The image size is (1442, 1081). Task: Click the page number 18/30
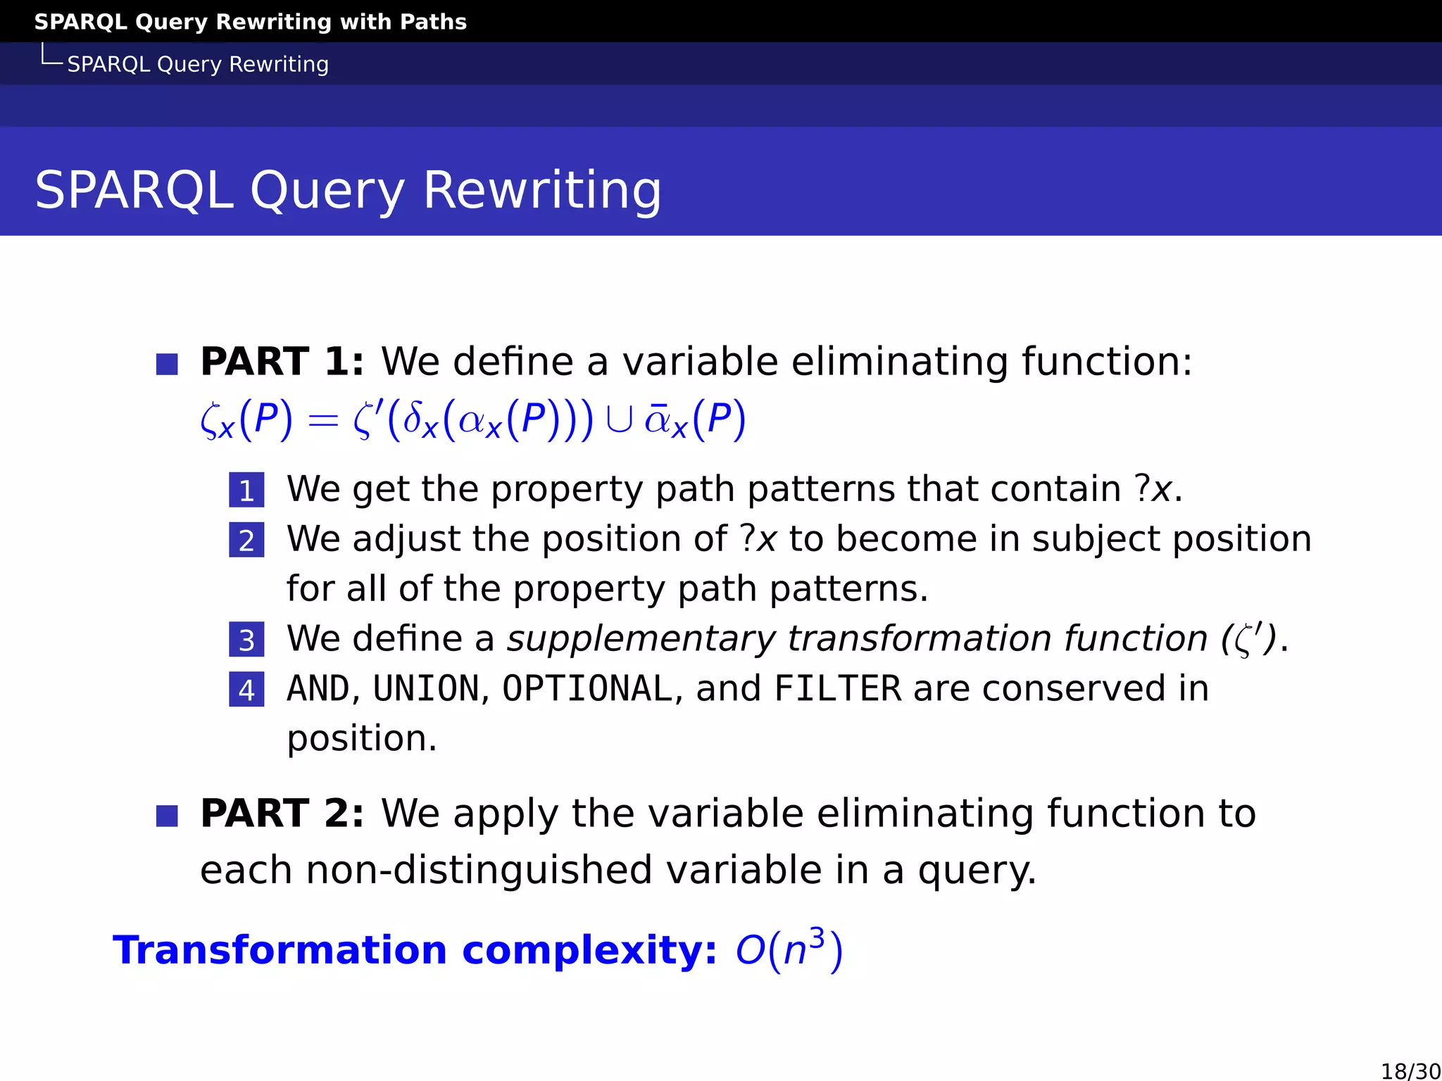pyautogui.click(x=1410, y=1070)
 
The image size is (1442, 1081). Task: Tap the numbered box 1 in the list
pyautogui.click(x=246, y=491)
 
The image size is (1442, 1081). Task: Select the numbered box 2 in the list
pyautogui.click(x=246, y=540)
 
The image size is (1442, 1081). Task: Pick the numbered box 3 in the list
pyautogui.click(x=246, y=640)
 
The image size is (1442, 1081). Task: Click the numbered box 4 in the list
pyautogui.click(x=246, y=690)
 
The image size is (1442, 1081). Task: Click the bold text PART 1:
pyautogui.click(x=282, y=362)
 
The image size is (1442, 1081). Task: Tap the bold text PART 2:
pyautogui.click(x=282, y=814)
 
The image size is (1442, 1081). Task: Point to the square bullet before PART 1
pyautogui.click(x=167, y=365)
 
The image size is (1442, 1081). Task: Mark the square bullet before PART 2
pyautogui.click(x=167, y=816)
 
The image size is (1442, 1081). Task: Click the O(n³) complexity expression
pyautogui.click(x=789, y=950)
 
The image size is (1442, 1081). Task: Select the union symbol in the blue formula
pyautogui.click(x=619, y=420)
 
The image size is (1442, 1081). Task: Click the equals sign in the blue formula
pyautogui.click(x=323, y=422)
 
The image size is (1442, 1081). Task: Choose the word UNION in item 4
pyautogui.click(x=426, y=689)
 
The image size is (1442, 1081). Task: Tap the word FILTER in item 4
pyautogui.click(x=837, y=689)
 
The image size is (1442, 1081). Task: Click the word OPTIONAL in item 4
pyautogui.click(x=587, y=689)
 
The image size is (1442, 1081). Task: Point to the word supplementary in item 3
pyautogui.click(x=641, y=640)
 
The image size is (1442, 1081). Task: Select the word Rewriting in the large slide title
pyautogui.click(x=542, y=191)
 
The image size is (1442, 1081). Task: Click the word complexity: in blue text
pyautogui.click(x=589, y=950)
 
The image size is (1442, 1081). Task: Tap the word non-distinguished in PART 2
pyautogui.click(x=479, y=871)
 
